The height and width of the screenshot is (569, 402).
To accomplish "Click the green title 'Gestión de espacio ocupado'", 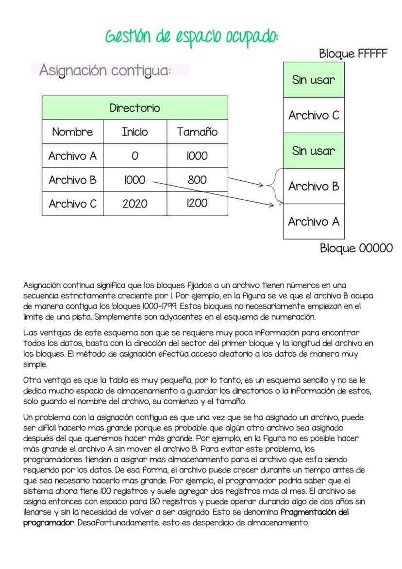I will click(x=192, y=37).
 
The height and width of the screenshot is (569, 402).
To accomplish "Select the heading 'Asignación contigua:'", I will click(x=105, y=70).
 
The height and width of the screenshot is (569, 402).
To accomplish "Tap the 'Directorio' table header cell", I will click(x=134, y=108).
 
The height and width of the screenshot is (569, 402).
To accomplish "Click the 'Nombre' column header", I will click(x=72, y=132).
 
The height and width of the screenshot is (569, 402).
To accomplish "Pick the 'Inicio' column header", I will click(x=134, y=132).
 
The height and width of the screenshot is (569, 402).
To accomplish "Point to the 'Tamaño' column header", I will click(x=197, y=132).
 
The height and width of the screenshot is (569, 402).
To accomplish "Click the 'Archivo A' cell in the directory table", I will click(x=72, y=156).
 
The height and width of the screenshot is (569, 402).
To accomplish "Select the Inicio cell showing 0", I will click(x=134, y=156).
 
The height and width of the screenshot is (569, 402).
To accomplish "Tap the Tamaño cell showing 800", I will click(x=197, y=180).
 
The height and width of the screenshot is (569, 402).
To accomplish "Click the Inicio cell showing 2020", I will click(x=134, y=204).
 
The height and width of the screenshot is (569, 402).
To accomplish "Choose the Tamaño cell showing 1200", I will click(x=197, y=204).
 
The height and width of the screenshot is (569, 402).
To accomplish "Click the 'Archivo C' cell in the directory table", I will click(x=72, y=204).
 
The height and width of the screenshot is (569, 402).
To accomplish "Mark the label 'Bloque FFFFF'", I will click(x=353, y=54).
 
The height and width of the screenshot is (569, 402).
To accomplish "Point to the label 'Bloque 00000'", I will click(x=356, y=248).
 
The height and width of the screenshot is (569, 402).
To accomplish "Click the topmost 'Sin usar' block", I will click(x=314, y=80).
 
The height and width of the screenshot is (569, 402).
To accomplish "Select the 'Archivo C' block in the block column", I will click(x=314, y=116).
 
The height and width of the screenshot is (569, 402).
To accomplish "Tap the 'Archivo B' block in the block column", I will click(x=314, y=186).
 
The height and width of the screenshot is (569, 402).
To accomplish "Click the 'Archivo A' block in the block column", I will click(x=314, y=222).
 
